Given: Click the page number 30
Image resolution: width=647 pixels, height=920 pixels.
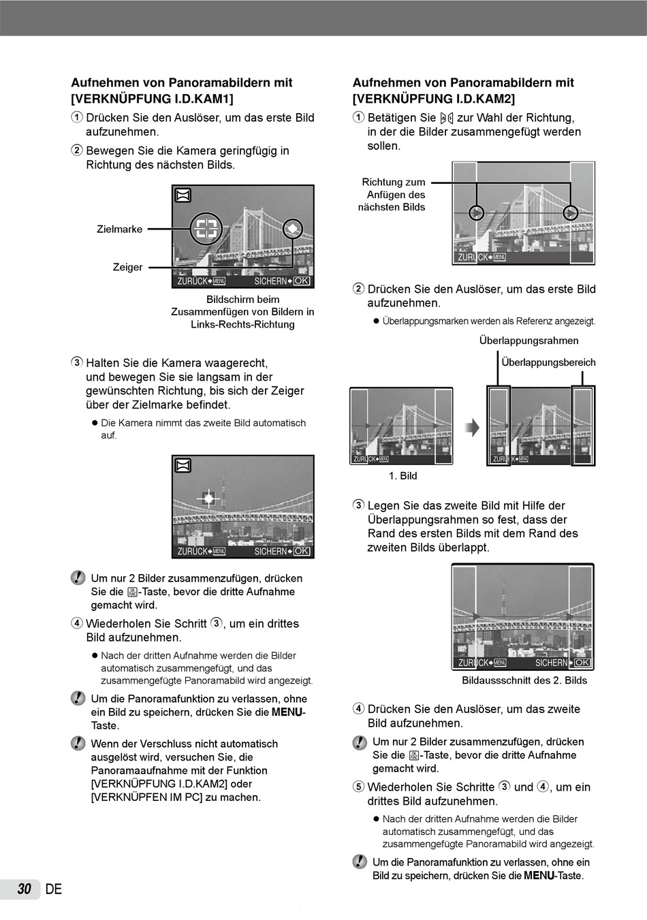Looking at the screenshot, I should tap(25, 889).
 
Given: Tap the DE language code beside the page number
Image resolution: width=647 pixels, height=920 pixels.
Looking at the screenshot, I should tap(54, 889).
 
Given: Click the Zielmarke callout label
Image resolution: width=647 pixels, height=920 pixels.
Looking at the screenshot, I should tap(119, 229).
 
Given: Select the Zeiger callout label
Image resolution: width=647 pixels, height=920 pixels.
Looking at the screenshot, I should tap(127, 267).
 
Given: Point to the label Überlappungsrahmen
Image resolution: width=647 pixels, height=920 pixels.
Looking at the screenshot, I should tap(528, 340).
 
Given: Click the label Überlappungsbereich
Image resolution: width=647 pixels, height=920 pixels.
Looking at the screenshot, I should tap(548, 362).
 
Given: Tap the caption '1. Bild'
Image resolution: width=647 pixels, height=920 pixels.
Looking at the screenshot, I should tap(403, 475).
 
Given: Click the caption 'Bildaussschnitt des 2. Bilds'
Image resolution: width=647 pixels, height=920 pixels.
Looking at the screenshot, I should tap(524, 680).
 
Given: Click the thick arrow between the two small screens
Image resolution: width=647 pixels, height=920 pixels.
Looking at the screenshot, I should tap(472, 428).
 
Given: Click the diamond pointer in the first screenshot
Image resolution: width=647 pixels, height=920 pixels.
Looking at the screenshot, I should tap(292, 229).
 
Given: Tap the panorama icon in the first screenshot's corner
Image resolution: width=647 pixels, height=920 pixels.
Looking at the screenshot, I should tap(183, 195).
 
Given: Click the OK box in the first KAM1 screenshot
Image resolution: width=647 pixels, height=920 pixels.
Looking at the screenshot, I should tap(301, 281).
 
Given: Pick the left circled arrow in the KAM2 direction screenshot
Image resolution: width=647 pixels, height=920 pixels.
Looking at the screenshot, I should tap(477, 213).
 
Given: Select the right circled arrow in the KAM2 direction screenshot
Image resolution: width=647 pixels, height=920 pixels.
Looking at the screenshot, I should tap(570, 213).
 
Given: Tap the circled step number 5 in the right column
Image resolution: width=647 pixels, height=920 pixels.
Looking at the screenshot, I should tap(359, 787).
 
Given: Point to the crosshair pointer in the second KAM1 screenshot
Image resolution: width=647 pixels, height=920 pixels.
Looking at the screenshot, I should tap(208, 498).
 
